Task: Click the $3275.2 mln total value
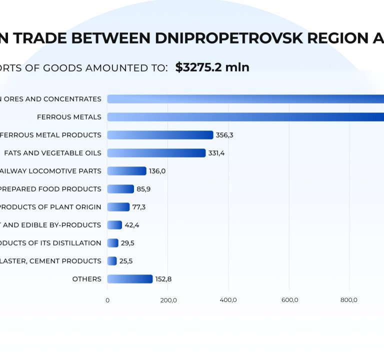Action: (x=212, y=67)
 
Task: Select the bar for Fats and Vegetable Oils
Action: (x=156, y=153)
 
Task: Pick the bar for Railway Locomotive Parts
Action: (x=127, y=171)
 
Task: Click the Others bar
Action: (x=130, y=279)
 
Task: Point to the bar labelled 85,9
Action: (x=120, y=189)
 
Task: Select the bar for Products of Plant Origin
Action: (x=118, y=207)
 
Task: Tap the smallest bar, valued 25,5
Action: (x=112, y=261)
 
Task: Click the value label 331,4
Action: (x=216, y=153)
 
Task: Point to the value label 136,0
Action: (x=157, y=171)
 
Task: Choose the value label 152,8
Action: (x=163, y=279)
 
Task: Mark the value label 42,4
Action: (x=132, y=225)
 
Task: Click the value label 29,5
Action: (x=127, y=243)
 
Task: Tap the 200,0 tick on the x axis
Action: (x=168, y=300)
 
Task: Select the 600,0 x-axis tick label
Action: (x=289, y=300)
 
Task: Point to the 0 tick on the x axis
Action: (x=107, y=300)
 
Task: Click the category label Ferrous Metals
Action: (x=69, y=117)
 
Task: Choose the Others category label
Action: (x=86, y=279)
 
